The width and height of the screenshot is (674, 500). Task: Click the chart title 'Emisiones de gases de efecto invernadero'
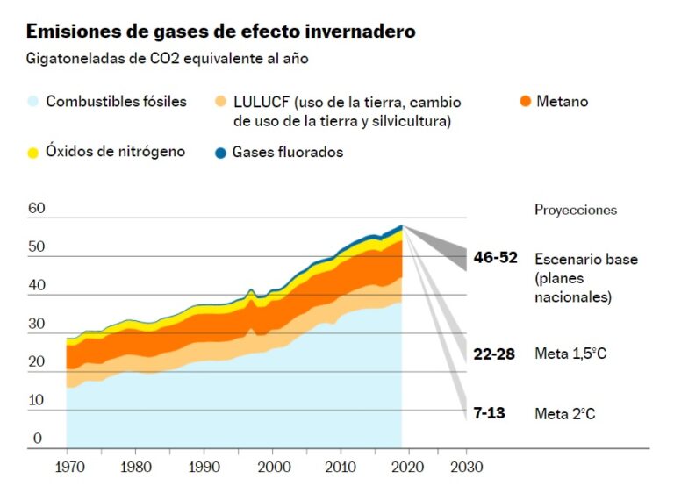pos(220,32)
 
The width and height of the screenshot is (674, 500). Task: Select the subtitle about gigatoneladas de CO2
pos(168,59)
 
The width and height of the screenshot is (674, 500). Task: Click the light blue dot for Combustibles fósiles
pos(33,102)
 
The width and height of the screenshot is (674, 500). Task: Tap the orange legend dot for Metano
pos(525,102)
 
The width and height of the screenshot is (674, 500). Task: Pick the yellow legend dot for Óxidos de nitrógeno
pos(33,153)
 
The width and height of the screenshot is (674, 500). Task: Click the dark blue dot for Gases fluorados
pos(220,153)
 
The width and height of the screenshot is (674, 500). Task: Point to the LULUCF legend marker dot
pos(220,103)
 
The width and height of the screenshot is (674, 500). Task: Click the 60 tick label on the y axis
pos(36,209)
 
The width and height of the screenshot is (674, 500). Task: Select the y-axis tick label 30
pos(36,324)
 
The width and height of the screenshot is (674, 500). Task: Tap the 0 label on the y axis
pos(37,439)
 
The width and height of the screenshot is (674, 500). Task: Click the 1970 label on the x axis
pos(67,467)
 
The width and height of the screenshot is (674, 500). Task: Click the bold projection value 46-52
pos(495,258)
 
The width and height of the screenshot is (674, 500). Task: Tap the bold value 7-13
pos(489,412)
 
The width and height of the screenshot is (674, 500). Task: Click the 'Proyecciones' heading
pos(576,210)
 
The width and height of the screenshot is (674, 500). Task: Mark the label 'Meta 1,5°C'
pos(570,354)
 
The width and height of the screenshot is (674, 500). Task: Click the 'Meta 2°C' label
pos(565,413)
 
